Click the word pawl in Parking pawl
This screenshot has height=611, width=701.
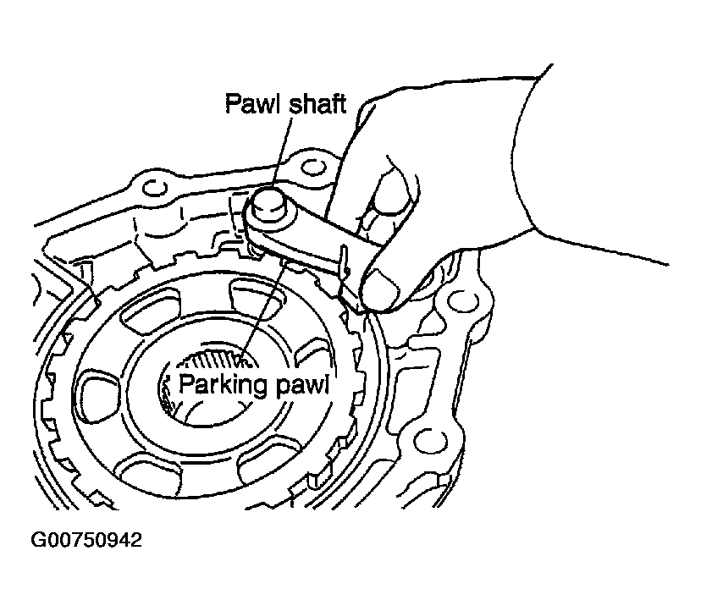(301, 386)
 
